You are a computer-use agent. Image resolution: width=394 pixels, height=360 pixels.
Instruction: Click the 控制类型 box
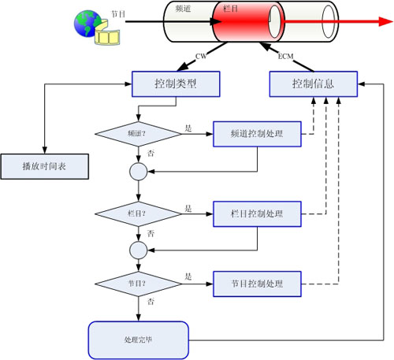pos(176,84)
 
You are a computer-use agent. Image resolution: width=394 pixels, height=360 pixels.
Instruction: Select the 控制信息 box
pos(314,84)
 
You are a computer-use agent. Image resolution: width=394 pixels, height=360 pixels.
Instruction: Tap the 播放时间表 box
pos(45,166)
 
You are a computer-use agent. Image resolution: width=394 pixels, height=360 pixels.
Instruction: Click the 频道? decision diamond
pos(138,134)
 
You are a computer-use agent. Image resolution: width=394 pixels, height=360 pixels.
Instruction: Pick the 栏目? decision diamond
pos(138,214)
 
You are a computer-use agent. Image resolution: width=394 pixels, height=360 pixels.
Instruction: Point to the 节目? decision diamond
pos(138,284)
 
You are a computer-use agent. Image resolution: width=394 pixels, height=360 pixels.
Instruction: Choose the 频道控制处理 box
pos(257,134)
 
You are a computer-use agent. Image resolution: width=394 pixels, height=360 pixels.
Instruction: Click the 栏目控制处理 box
pos(257,214)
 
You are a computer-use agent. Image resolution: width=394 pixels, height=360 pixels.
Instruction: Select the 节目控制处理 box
pos(257,284)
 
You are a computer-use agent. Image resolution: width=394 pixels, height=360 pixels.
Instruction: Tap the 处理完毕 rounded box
pos(139,340)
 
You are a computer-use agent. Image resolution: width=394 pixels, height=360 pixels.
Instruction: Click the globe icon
pos(87,24)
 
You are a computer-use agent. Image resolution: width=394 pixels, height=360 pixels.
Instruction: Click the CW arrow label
pos(201,56)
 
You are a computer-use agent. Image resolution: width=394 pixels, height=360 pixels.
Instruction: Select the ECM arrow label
pos(285,56)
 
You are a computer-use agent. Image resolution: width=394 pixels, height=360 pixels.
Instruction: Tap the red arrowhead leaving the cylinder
pos(385,21)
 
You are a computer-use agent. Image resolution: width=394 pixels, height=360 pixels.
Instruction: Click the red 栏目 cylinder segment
pos(248,21)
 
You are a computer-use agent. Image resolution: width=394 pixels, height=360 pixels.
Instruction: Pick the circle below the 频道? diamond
pos(139,172)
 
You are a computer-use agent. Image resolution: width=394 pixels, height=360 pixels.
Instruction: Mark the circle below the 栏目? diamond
pos(139,251)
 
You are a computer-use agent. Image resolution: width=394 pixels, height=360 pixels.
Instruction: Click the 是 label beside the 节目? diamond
pos(188,276)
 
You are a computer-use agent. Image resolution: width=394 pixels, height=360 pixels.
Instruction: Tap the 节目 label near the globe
pos(118,14)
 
